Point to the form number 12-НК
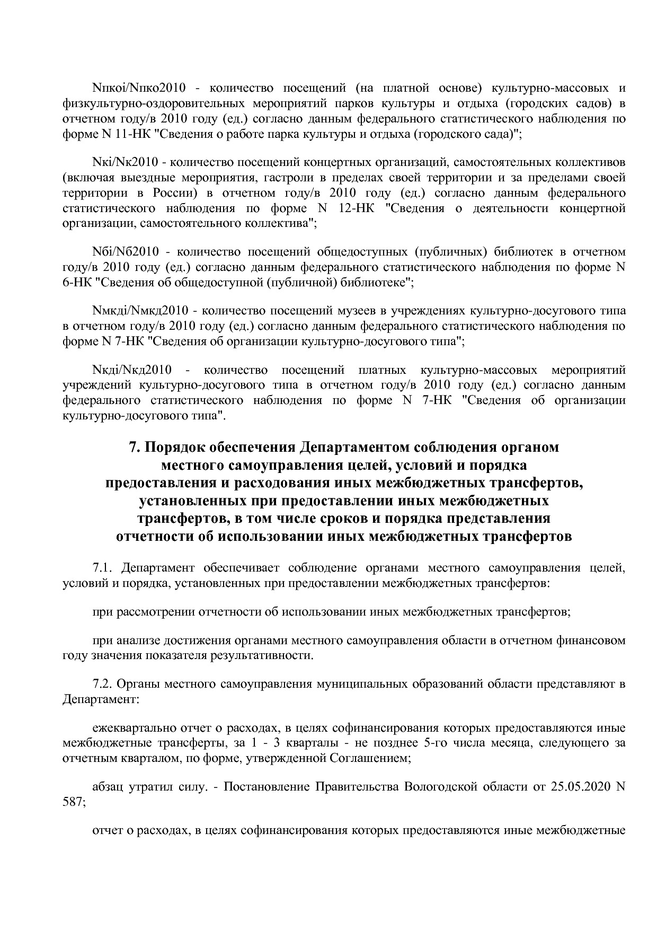pos(356,208)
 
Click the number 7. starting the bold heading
pos(135,447)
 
